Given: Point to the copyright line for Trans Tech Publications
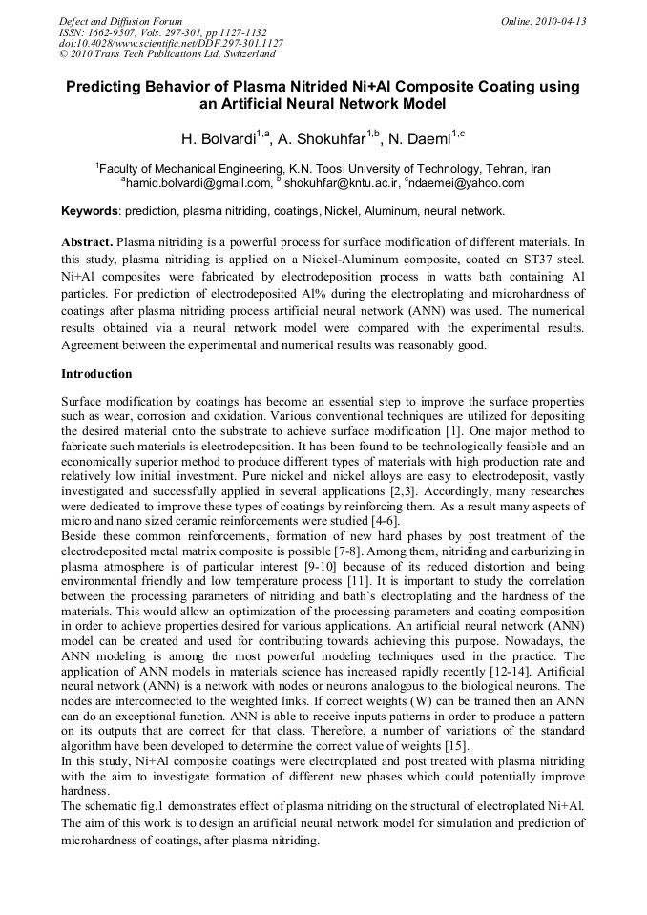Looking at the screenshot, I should [158, 54].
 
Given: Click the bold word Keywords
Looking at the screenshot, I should [90, 210].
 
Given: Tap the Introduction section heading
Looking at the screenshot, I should [96, 373].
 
